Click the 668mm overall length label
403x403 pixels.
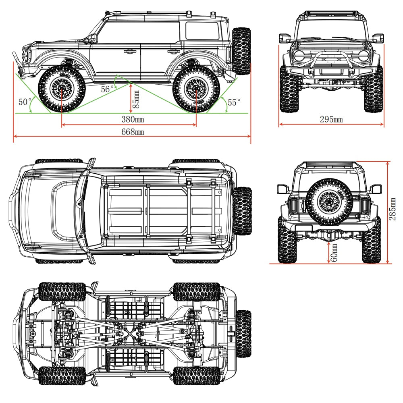tap(133, 132)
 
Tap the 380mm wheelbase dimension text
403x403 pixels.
tap(133, 119)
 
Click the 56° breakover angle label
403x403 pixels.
tap(107, 89)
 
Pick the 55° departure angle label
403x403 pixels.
tap(234, 102)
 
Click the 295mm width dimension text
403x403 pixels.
tap(331, 119)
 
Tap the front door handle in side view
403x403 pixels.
tap(130, 51)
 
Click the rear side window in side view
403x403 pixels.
tap(202, 31)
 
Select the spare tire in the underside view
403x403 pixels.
tap(243, 334)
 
